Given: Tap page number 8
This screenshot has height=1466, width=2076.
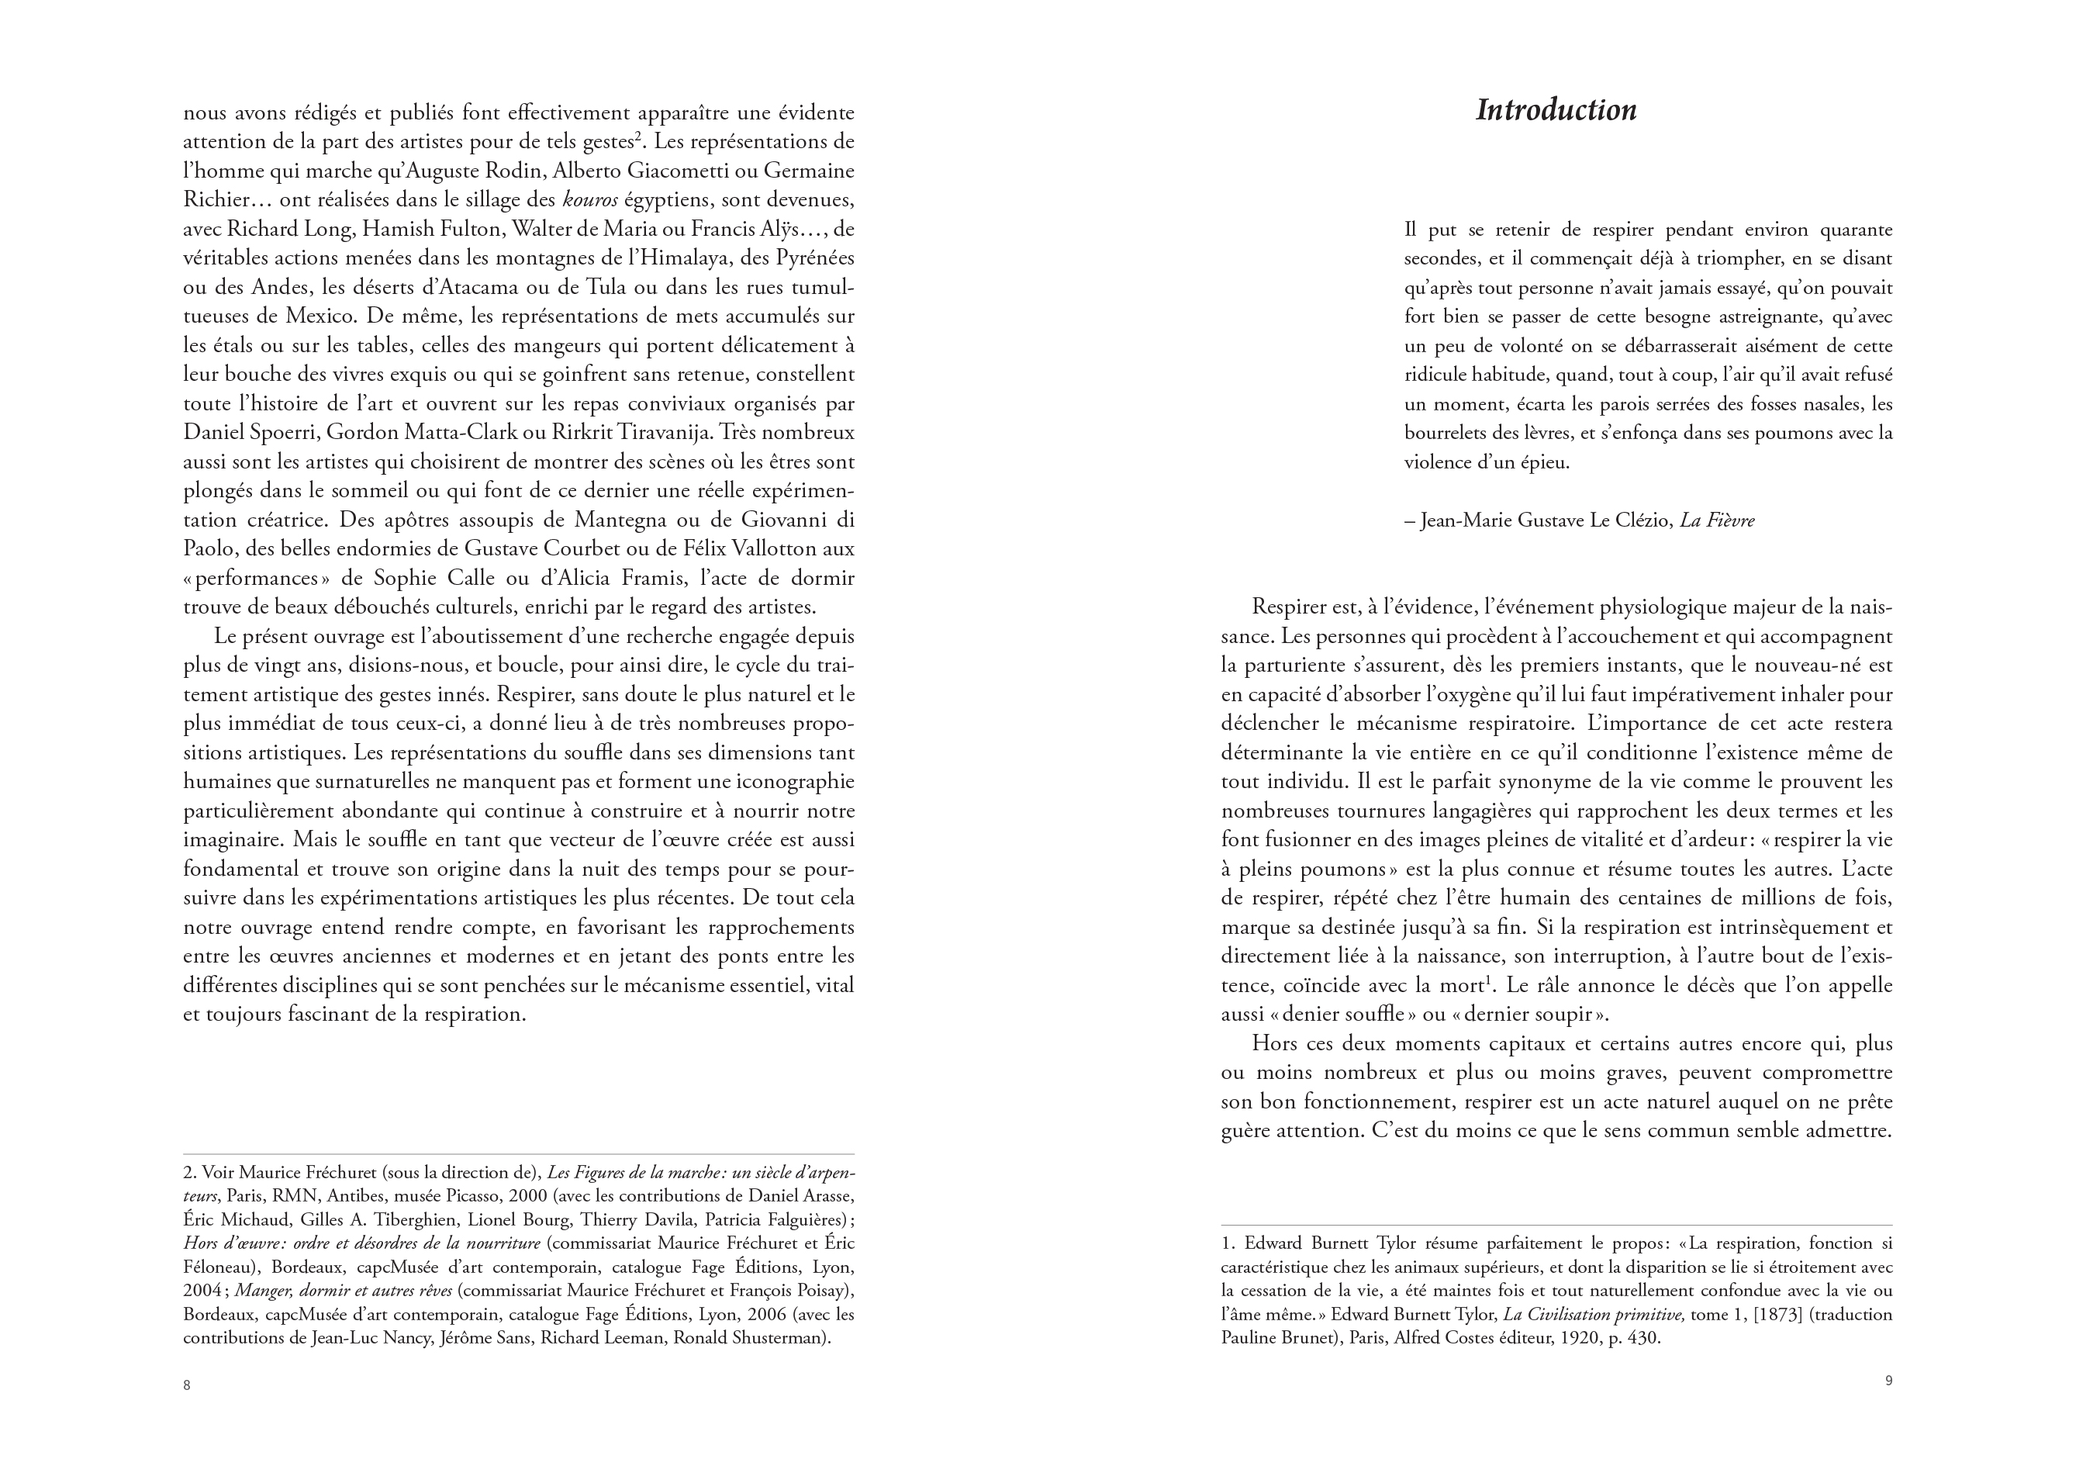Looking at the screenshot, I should click(x=187, y=1385).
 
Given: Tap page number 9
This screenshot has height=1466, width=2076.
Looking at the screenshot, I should click(x=1888, y=1381).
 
